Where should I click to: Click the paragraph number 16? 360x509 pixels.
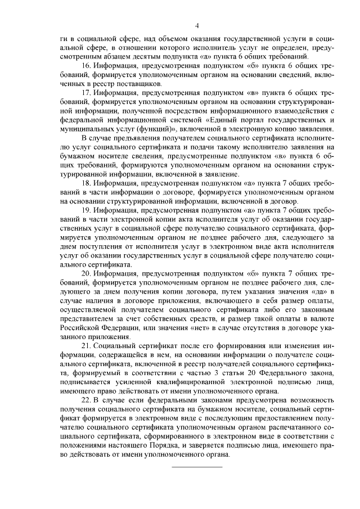click(87, 66)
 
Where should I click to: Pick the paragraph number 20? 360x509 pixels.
click(87, 273)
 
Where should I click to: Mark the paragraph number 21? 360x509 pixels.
click(87, 344)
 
